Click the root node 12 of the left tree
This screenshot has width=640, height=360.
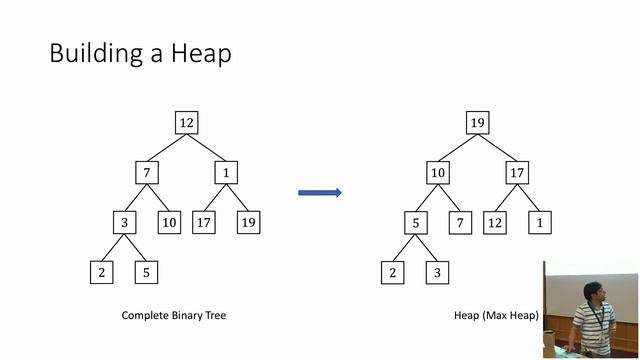(187, 122)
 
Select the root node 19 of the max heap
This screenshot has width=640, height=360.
(478, 122)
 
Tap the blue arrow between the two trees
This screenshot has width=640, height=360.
(320, 193)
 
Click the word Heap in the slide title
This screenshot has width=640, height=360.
(201, 53)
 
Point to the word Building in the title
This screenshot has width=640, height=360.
(96, 53)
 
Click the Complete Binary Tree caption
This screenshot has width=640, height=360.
(174, 315)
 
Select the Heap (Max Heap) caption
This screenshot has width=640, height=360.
(496, 315)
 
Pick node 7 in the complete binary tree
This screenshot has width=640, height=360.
(147, 173)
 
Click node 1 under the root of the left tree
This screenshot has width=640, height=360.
(226, 173)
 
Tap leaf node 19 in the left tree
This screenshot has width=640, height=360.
(249, 222)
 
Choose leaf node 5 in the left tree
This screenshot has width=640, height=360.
(146, 272)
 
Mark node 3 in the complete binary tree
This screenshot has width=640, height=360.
(124, 222)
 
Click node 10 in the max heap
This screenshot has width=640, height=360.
(438, 173)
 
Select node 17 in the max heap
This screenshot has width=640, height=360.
(517, 173)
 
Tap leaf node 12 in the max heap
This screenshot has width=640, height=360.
(495, 222)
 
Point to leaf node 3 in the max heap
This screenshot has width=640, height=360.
(437, 272)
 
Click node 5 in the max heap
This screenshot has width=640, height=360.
(416, 222)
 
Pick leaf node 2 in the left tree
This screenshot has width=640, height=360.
(102, 272)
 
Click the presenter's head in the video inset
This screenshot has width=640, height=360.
(593, 292)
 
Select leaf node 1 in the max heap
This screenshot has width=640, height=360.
(540, 222)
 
